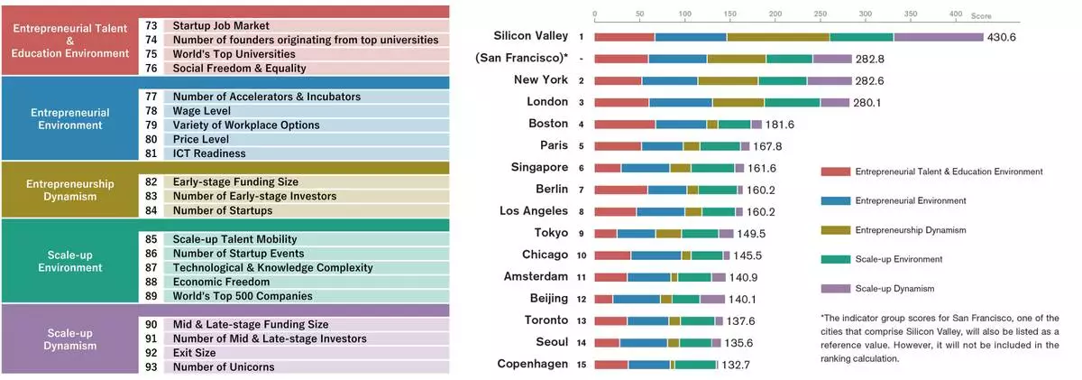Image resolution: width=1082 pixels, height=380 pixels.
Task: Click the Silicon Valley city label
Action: [x=531, y=36]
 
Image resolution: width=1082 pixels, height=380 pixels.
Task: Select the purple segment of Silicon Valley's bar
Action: [x=938, y=37]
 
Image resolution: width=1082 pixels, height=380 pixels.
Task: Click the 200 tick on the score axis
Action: [x=775, y=14]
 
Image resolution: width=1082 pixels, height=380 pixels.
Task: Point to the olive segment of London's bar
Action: [x=738, y=102]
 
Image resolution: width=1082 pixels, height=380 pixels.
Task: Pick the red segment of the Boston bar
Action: [x=625, y=124]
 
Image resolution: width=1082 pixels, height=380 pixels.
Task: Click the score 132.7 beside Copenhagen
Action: [x=737, y=365]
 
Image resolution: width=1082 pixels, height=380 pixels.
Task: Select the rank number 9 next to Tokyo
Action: [x=582, y=234]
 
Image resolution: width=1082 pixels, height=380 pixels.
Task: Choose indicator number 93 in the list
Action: [x=151, y=366]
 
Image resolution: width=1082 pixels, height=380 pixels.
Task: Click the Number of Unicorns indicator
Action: [x=224, y=366]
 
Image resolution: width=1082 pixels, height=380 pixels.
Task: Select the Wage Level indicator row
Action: [x=204, y=110]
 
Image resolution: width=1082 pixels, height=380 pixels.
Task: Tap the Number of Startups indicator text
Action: [x=223, y=210]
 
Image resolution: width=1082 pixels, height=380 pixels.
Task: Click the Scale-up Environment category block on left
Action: [x=70, y=261]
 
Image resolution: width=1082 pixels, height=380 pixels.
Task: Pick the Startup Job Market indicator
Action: [x=221, y=25]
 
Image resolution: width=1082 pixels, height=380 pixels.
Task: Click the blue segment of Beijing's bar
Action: [x=637, y=300]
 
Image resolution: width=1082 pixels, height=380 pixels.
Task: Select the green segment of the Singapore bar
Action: [x=712, y=168]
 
